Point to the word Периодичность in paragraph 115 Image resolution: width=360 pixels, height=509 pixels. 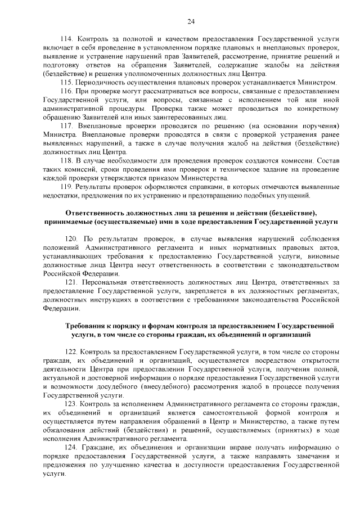104,82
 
